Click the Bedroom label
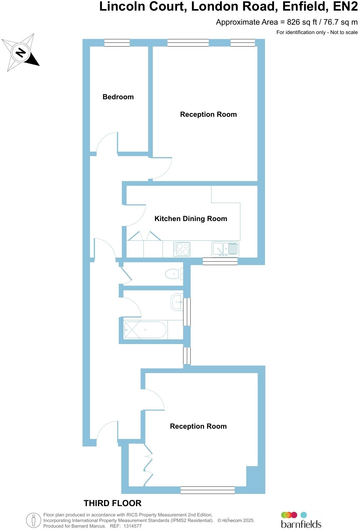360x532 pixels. pos(118,97)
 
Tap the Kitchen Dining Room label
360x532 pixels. pos(191,219)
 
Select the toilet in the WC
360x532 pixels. pos(174,274)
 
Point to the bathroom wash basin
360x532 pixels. pos(177,302)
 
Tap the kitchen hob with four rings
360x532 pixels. pos(182,249)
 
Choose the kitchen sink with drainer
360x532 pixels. pos(225,249)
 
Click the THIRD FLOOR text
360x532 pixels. pos(112,503)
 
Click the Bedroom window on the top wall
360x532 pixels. pos(117,43)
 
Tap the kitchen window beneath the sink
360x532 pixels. pos(220,261)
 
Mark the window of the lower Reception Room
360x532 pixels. pos(207,490)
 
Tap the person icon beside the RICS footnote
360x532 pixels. pos(33,520)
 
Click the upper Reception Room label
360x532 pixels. pos(208,114)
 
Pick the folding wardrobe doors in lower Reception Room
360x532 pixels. pos(148,465)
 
